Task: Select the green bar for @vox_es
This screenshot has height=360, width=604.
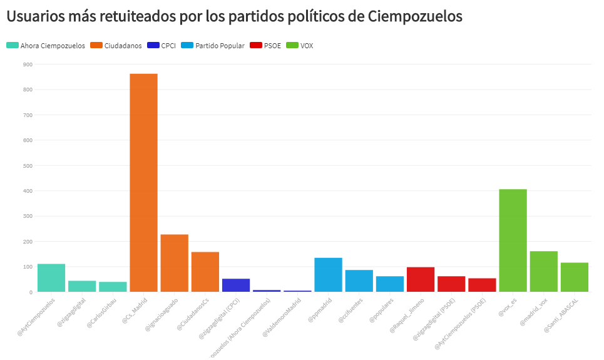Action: pyautogui.click(x=513, y=240)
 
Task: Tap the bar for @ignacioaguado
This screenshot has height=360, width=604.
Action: pyautogui.click(x=174, y=263)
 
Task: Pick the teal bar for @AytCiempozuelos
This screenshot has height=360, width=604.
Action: pyautogui.click(x=51, y=278)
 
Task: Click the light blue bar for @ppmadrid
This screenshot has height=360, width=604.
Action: pyautogui.click(x=328, y=275)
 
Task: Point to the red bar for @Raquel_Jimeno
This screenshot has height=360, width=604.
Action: pyautogui.click(x=421, y=279)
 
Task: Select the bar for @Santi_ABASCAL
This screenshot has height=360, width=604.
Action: pyautogui.click(x=574, y=277)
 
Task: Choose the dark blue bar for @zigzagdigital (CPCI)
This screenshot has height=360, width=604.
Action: pyautogui.click(x=236, y=285)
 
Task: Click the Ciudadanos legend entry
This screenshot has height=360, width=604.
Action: pyautogui.click(x=116, y=45)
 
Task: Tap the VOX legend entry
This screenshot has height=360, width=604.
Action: pyautogui.click(x=300, y=45)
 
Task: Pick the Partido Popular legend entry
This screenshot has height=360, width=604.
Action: pyautogui.click(x=214, y=45)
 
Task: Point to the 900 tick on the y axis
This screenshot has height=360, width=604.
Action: pyautogui.click(x=27, y=64)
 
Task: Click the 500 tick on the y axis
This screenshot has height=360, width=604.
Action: pyautogui.click(x=27, y=165)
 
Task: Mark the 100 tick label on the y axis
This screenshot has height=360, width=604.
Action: pyautogui.click(x=27, y=267)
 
